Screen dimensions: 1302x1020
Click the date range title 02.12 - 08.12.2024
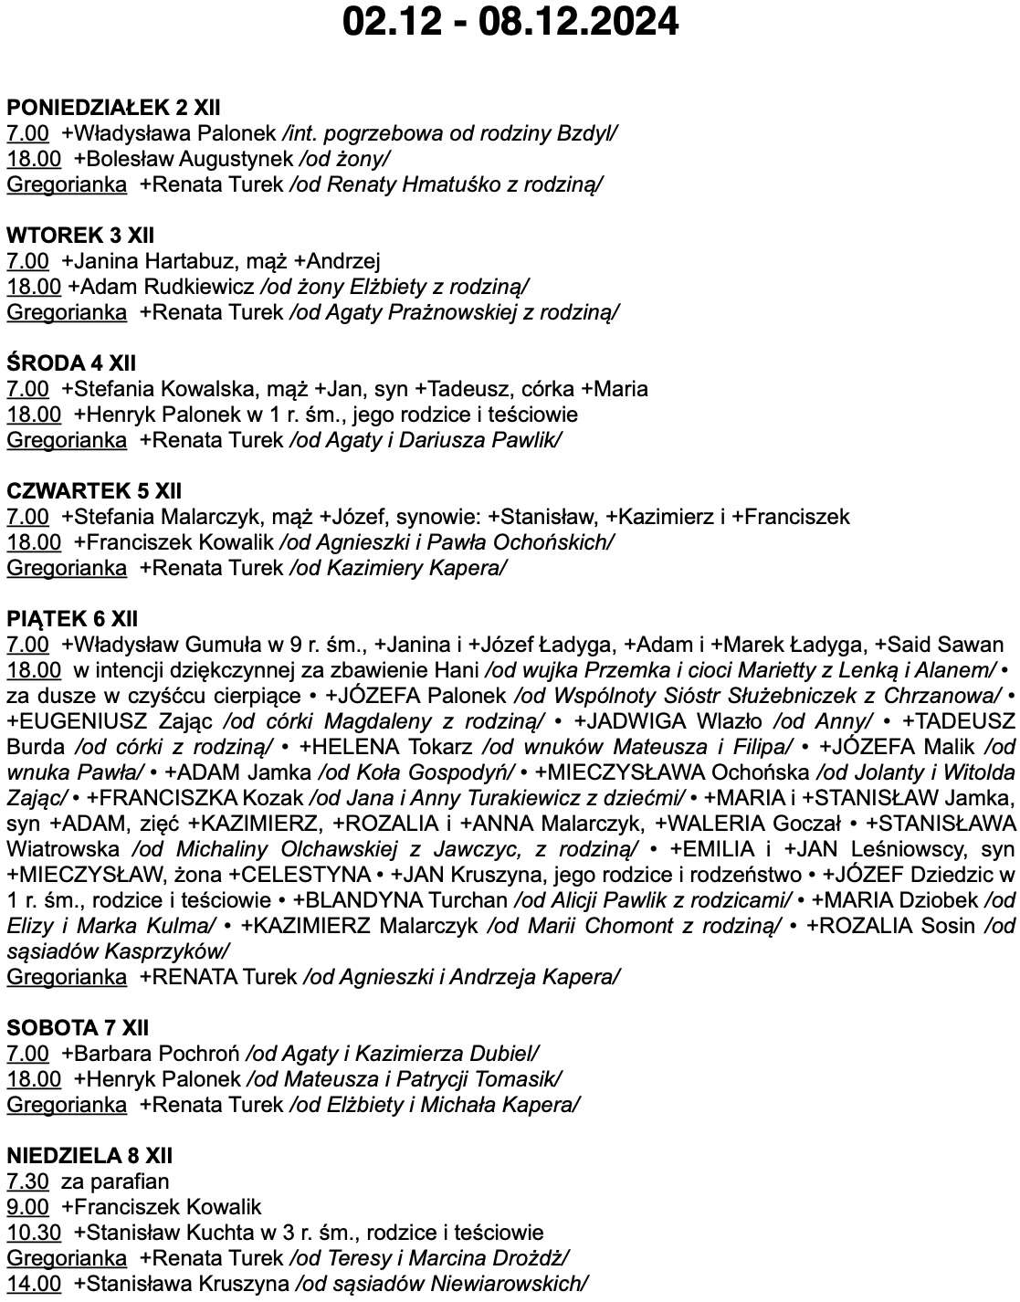[x=510, y=22]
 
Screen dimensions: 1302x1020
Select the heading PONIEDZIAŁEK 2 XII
[x=113, y=107]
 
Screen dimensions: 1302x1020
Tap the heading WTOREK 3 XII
[x=80, y=235]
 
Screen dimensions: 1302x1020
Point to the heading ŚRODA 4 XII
[x=71, y=362]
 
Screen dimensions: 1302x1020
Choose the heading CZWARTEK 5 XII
[x=95, y=490]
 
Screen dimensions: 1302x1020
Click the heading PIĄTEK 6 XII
[x=72, y=618]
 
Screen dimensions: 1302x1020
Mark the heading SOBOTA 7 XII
[x=78, y=1027]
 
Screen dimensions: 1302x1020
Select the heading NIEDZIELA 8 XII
[x=89, y=1155]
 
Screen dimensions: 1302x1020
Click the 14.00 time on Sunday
[x=34, y=1283]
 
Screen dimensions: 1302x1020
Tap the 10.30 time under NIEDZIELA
[x=34, y=1232]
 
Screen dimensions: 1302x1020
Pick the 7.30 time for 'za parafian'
[x=27, y=1181]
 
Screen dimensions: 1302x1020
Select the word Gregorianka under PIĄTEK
[x=67, y=976]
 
